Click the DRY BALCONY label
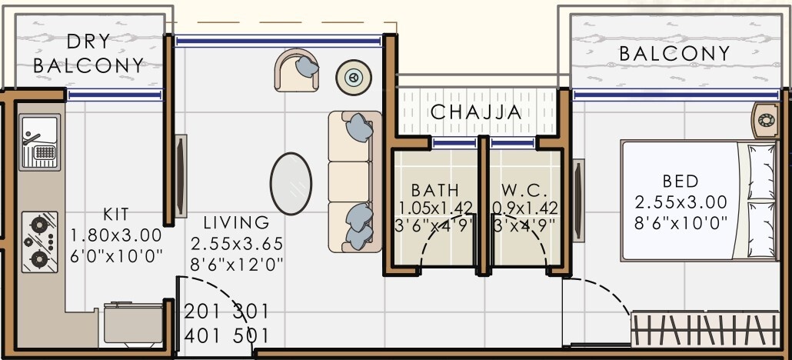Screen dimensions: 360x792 tap(89, 53)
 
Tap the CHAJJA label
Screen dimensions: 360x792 tap(476, 112)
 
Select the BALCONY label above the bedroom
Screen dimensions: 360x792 tap(674, 54)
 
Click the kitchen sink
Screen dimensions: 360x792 tap(39, 142)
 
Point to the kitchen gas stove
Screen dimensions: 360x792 tap(39, 241)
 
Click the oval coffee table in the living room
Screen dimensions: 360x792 tap(291, 184)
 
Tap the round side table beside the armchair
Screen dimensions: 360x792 tap(354, 76)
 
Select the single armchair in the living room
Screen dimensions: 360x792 tap(298, 70)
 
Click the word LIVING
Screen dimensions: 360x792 tap(237, 223)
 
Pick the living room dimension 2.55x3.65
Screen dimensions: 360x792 tap(237, 244)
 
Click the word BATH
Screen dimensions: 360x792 tap(434, 190)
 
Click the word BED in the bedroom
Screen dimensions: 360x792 tap(681, 182)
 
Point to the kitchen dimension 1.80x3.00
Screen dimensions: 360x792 tap(116, 235)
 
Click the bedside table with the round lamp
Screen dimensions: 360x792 tap(766, 120)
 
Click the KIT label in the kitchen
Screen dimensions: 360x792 tap(116, 215)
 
